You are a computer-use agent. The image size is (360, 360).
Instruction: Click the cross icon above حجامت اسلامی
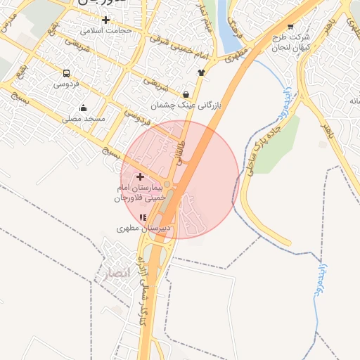(105, 20)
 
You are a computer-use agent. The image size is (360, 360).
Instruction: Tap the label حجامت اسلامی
(106, 31)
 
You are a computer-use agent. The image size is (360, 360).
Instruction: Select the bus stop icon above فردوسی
(66, 73)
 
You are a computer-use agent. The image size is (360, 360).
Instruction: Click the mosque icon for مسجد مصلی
(84, 108)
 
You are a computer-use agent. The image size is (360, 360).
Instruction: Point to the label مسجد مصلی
(84, 119)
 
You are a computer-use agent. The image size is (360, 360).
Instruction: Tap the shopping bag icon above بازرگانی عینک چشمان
(186, 94)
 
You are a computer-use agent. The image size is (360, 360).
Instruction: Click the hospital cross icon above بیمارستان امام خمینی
(140, 176)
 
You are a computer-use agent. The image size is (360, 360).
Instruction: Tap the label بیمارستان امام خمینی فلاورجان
(139, 193)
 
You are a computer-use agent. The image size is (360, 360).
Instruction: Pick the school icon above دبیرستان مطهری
(143, 217)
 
